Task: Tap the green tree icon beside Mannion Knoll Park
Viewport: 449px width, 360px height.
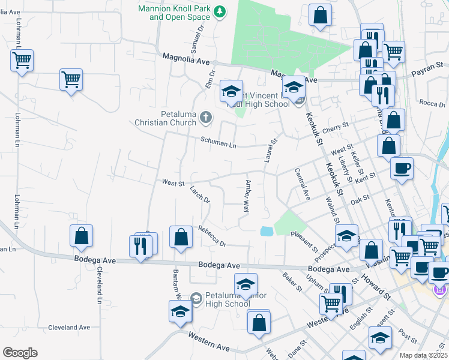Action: tap(220, 11)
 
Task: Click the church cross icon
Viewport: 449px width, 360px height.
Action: tap(206, 118)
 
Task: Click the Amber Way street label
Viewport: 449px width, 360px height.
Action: tap(246, 196)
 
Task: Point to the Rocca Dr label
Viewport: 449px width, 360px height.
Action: tap(432, 103)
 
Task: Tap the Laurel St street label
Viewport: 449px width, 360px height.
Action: tap(270, 151)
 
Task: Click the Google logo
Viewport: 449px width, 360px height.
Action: tap(20, 353)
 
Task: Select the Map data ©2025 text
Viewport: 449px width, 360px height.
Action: tap(423, 355)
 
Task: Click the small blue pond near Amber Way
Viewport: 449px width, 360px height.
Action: tap(266, 231)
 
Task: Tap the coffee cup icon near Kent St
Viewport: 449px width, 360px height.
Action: tap(402, 167)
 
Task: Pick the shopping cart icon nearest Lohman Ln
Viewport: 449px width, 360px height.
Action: tap(22, 60)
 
